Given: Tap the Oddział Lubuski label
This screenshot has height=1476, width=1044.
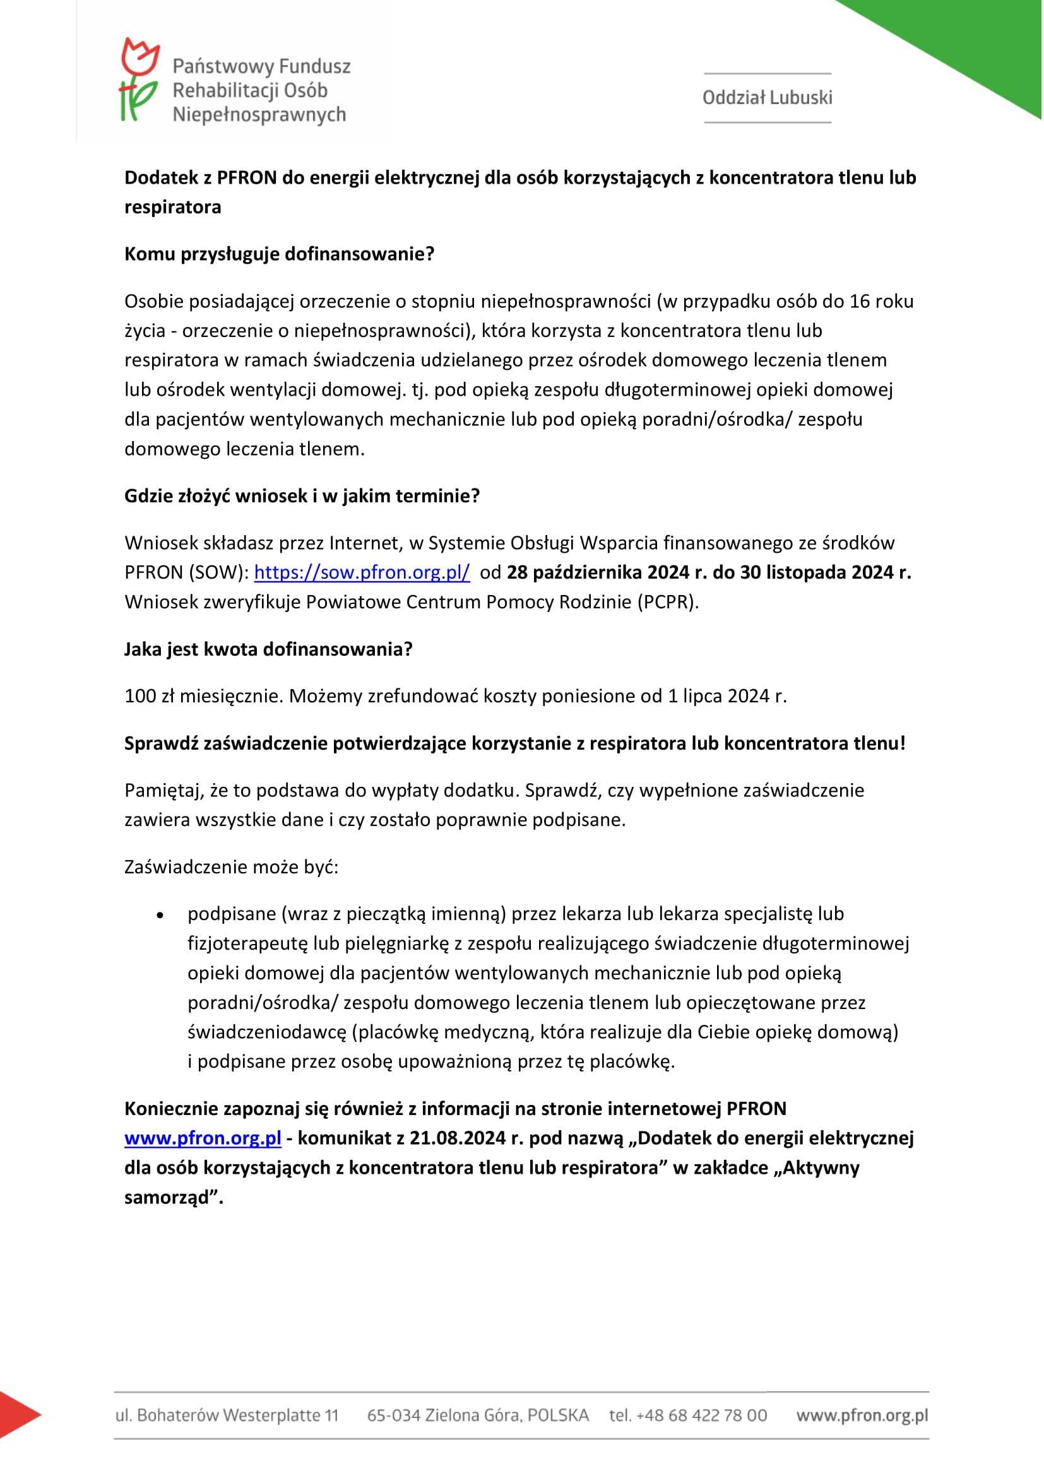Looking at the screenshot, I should tap(767, 98).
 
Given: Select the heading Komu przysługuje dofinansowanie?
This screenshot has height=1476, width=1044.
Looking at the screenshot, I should tap(279, 254).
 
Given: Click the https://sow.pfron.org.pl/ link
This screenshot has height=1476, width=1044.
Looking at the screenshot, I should tap(362, 572).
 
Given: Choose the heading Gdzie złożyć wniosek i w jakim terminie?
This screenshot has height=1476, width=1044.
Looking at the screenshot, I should tap(302, 495).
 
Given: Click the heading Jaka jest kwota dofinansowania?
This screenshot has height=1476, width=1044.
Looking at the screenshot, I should tap(268, 649).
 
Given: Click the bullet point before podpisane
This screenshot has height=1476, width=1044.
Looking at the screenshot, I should tap(160, 916).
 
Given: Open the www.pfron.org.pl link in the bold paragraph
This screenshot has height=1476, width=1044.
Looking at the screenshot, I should tap(203, 1138).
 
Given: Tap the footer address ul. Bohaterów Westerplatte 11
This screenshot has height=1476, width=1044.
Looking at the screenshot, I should tap(227, 1415).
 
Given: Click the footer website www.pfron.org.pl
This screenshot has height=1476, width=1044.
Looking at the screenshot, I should tap(862, 1415).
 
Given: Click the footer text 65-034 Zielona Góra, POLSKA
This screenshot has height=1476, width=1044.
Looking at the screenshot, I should tap(478, 1415).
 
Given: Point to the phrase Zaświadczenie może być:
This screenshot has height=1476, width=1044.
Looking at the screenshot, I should tap(232, 866).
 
